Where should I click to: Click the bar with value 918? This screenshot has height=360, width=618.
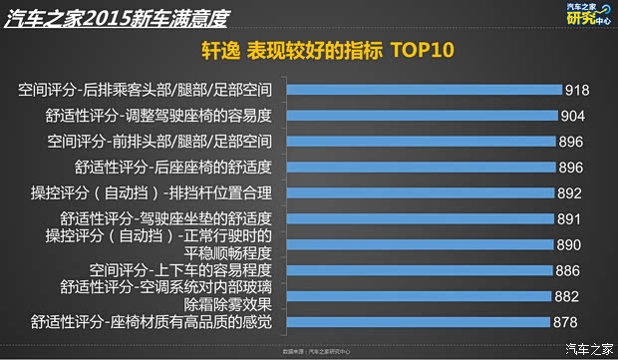tap(425, 89)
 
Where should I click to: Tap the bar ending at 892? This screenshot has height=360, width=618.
tap(420, 192)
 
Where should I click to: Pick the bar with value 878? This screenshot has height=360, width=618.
tap(418, 321)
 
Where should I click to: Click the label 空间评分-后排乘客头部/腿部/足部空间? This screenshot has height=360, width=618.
tap(152, 90)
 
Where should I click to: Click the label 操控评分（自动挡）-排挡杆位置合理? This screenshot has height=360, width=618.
tap(158, 192)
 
